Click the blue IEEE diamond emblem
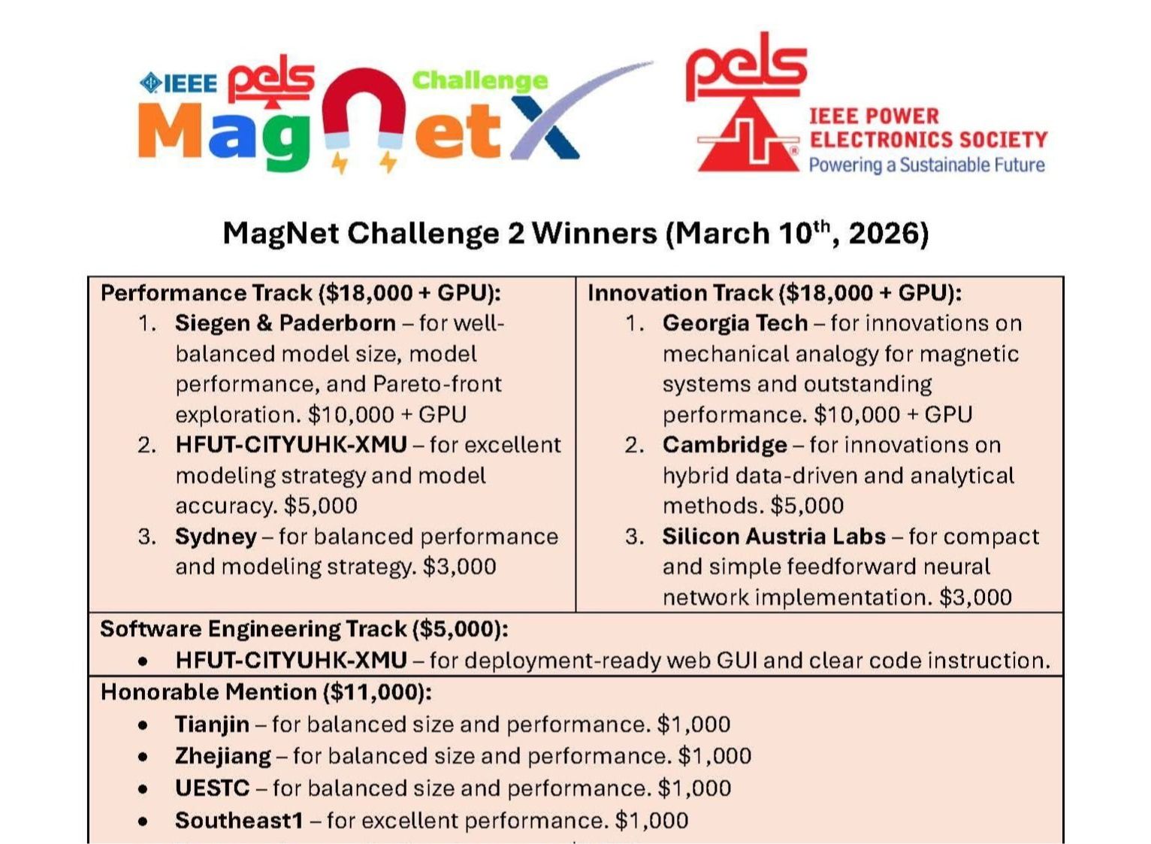click(150, 83)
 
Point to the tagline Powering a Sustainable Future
click(926, 165)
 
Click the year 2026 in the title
click(884, 234)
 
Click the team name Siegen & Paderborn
click(285, 323)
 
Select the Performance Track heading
click(301, 293)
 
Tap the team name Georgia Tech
click(735, 323)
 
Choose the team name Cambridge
click(724, 445)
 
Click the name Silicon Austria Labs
click(774, 536)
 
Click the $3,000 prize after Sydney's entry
click(459, 567)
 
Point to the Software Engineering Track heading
click(304, 628)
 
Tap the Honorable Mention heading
click(266, 692)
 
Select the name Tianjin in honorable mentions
click(212, 725)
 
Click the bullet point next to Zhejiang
click(143, 757)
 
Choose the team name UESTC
click(212, 788)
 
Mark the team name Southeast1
click(240, 821)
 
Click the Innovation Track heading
click(775, 293)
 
